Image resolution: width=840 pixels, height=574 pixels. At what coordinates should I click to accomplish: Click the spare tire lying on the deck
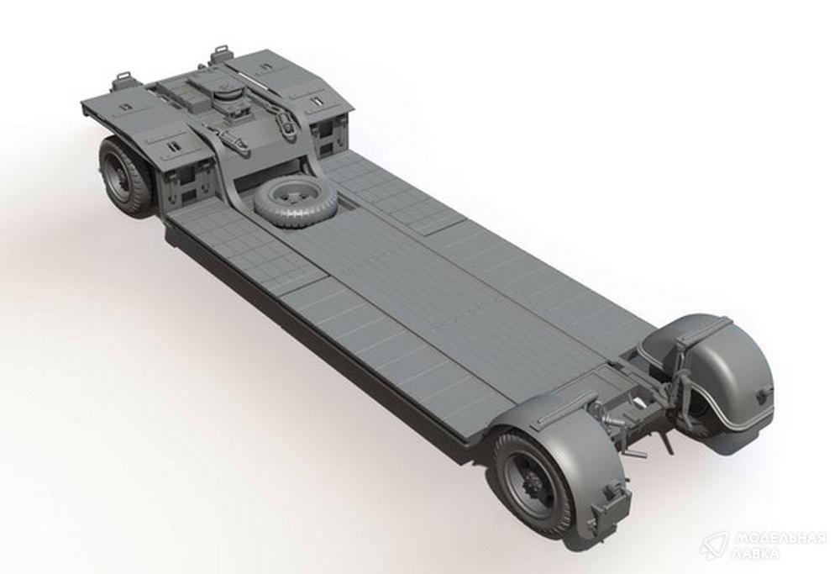(x=296, y=203)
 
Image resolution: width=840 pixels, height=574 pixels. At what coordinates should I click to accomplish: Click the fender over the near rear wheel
(x=563, y=445)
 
